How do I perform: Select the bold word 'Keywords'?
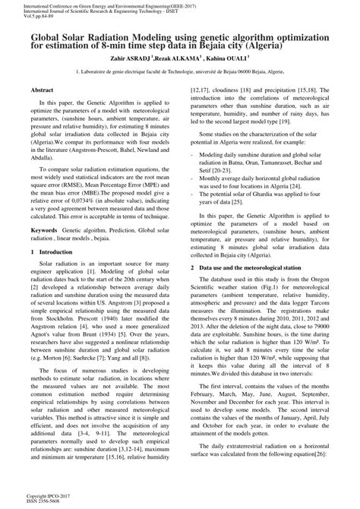45,228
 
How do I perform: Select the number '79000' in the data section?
316,326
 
